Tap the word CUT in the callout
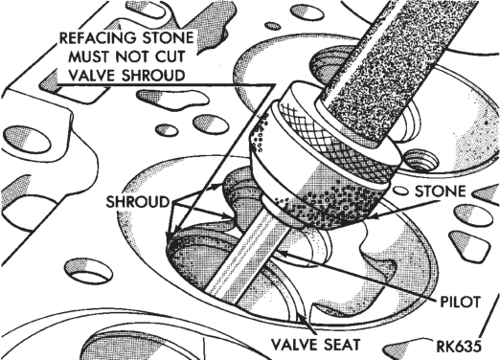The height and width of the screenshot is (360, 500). tap(170, 56)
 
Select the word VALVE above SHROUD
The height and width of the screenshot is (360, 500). tap(92, 76)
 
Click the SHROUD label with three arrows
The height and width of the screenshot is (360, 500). tap(137, 202)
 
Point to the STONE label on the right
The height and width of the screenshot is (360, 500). tap(440, 191)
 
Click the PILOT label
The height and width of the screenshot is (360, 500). tap(460, 302)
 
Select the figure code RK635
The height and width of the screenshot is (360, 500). tap(459, 348)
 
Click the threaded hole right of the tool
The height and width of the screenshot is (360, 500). tap(420, 160)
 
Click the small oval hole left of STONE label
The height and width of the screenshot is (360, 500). tap(400, 191)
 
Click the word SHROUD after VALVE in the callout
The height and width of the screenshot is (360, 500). tap(153, 76)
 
